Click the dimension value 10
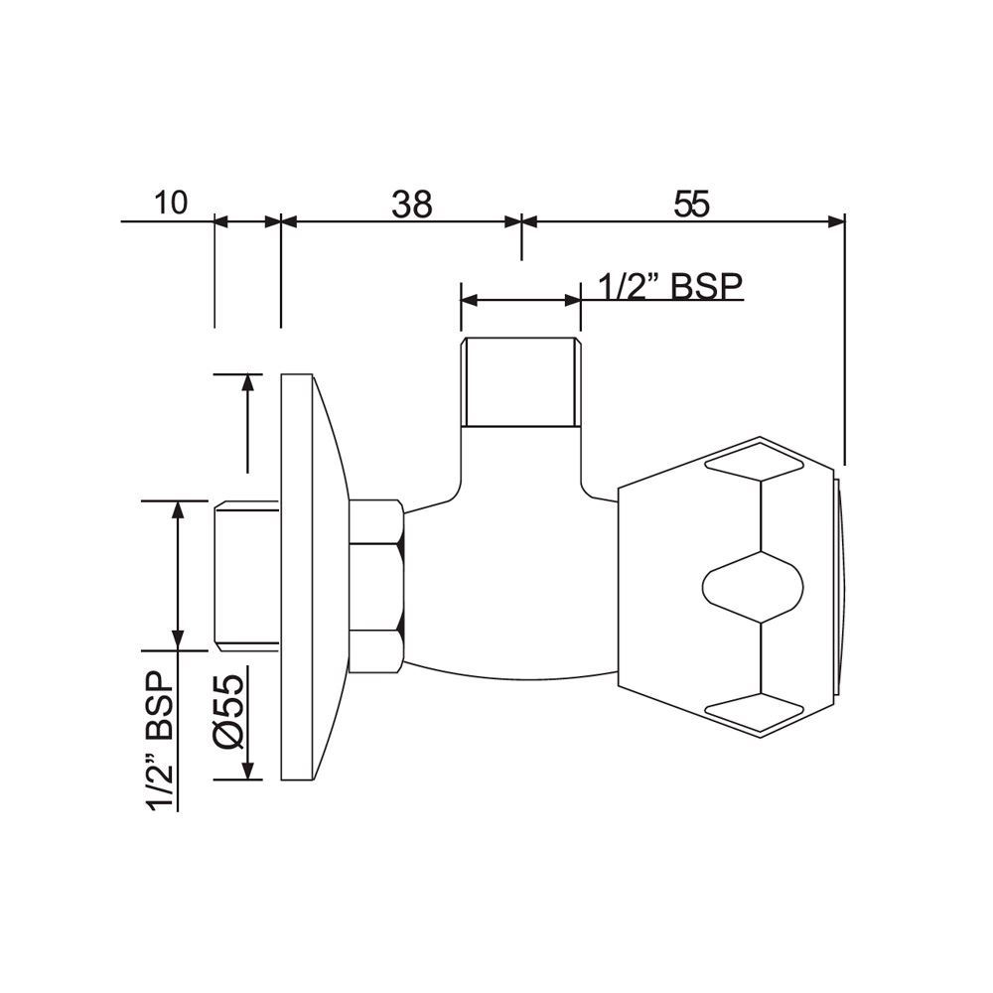click(171, 203)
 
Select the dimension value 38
click(411, 204)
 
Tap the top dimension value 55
click(692, 204)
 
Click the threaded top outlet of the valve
click(519, 382)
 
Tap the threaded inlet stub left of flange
click(246, 575)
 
